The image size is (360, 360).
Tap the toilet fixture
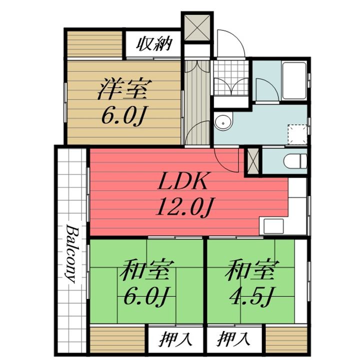coord(294,161)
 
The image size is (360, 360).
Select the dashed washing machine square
coord(298,132)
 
